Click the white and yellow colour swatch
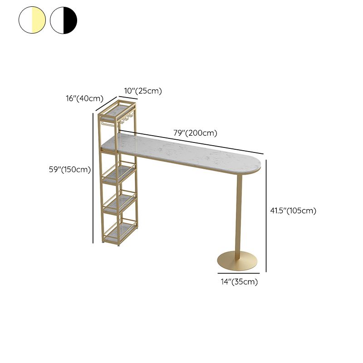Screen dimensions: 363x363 pos(32,20)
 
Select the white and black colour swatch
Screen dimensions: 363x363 pos(64,20)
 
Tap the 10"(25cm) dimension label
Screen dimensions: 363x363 pos(143,91)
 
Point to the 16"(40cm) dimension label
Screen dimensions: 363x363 pos(84,98)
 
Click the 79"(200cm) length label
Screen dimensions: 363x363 pos(196,133)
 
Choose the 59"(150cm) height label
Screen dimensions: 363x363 pos(70,169)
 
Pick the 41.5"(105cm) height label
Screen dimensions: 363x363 pos(293,211)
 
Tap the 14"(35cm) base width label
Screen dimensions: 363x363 pos(239,282)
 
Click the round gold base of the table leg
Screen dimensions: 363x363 pos(237,261)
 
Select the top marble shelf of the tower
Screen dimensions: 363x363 pos(118,109)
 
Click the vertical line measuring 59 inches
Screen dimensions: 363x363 pos(93,178)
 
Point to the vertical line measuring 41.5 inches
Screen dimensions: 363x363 pos(266,216)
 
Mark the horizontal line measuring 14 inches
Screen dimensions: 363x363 pos(239,274)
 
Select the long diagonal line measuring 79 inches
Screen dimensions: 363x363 pos(191,142)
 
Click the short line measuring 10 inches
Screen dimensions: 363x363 pos(128,98)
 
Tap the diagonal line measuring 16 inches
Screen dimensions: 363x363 pos(106,104)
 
